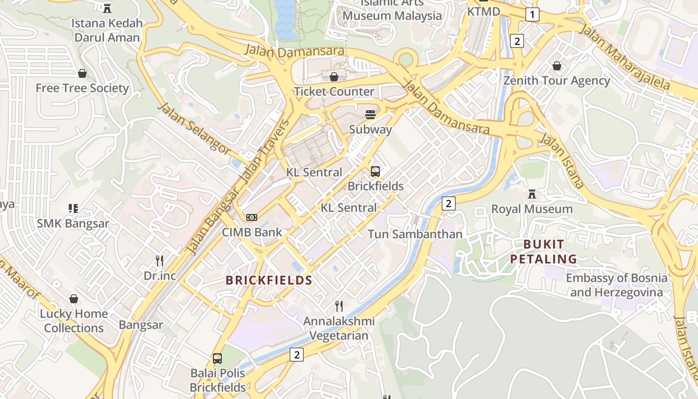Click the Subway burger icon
coord(370,115)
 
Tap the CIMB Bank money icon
coord(252,217)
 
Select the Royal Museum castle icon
coord(532,194)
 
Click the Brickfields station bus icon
coord(375,172)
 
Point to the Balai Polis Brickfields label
coord(218,380)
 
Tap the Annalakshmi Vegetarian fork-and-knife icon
coord(339,306)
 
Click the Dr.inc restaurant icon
coord(160,260)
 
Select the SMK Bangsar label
coord(73,223)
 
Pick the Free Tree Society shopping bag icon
coord(82,73)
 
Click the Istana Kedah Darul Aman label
coord(107,30)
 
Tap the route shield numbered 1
coord(532,14)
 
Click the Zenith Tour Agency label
coord(556,81)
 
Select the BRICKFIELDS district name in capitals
coord(269,280)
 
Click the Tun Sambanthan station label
coord(415,234)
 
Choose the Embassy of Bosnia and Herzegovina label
coord(616,285)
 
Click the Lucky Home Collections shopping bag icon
coord(74,299)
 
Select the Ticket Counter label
coord(334,91)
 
